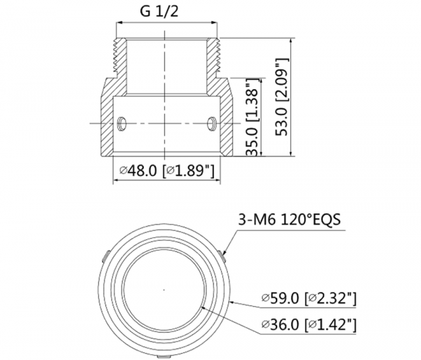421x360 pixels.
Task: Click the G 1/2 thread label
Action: click(x=159, y=12)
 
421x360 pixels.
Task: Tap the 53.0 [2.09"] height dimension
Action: click(x=283, y=97)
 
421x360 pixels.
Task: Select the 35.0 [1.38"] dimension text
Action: click(x=253, y=117)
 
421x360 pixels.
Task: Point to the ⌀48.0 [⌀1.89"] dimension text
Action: click(x=167, y=171)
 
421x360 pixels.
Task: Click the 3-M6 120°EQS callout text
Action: click(x=289, y=220)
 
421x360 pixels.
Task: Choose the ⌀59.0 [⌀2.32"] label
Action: click(x=309, y=298)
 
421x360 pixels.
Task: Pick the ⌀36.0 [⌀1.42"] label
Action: click(x=309, y=325)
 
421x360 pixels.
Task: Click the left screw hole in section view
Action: click(x=121, y=124)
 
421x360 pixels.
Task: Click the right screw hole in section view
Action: click(x=212, y=124)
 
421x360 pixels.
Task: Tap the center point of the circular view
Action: click(x=164, y=290)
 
